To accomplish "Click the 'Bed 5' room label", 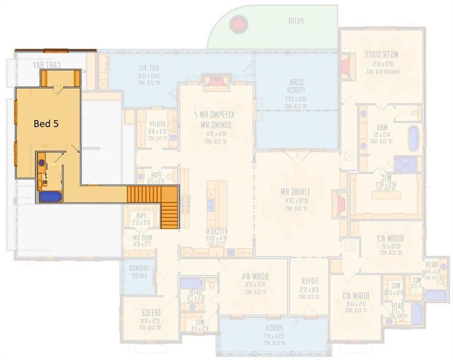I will pos(46,124).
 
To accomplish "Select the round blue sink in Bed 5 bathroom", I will pos(41,162).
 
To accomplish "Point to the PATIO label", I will pos(295,21).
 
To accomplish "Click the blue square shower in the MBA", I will pos(403,164).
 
